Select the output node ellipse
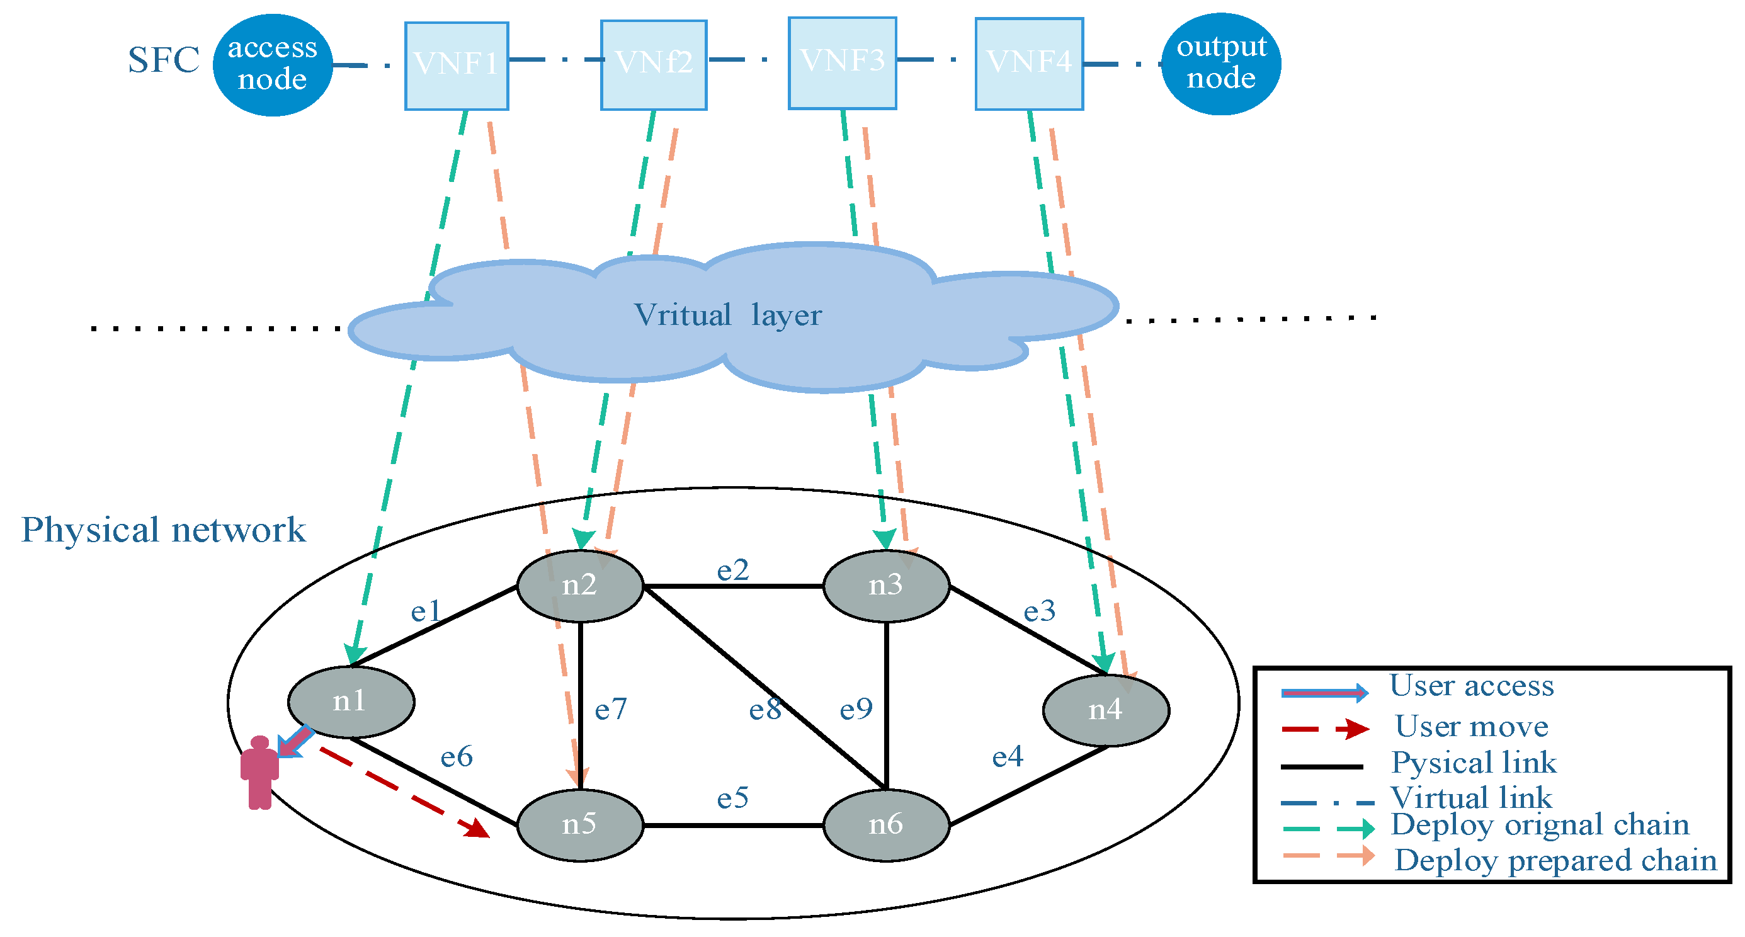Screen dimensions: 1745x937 [x=1220, y=64]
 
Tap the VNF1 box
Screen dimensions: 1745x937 [x=457, y=65]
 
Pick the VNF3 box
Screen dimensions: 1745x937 [x=842, y=63]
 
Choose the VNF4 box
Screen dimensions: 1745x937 [x=1029, y=64]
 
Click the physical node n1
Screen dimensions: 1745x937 [x=351, y=702]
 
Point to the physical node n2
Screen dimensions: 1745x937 [x=580, y=586]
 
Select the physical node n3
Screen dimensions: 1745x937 [x=886, y=586]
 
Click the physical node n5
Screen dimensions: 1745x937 [x=580, y=825]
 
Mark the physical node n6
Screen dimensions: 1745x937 [x=886, y=825]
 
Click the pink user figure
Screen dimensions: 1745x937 [x=259, y=773]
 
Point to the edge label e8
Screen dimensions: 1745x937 [x=765, y=709]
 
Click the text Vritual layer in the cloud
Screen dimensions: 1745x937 [x=727, y=315]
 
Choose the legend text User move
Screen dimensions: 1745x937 [x=1471, y=726]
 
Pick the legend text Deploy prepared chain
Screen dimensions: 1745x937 [x=1555, y=860]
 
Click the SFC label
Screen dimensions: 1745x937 [x=164, y=60]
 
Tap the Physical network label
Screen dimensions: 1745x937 [x=163, y=529]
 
